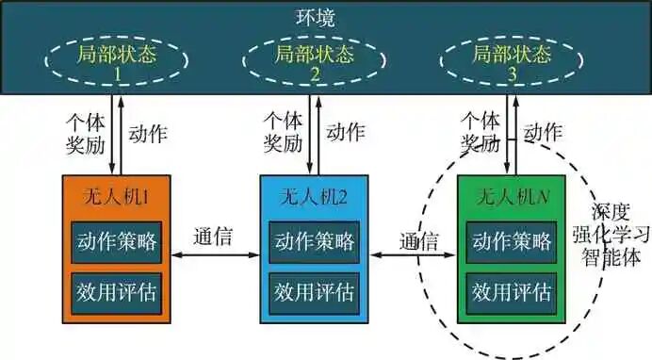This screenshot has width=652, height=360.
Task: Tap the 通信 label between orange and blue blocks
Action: coord(213,236)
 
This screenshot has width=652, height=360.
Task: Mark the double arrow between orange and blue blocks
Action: coord(213,255)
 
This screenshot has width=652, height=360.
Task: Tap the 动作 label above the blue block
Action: coord(345,133)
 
